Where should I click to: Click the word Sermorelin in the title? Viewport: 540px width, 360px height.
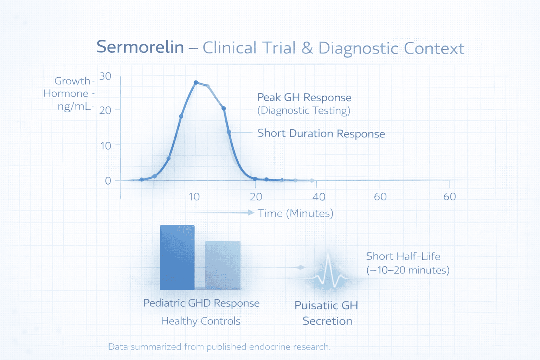point(140,47)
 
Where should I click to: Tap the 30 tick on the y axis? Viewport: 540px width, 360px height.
point(105,76)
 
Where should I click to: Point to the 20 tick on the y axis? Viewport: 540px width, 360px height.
point(105,110)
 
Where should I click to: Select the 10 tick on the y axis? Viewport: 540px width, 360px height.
point(105,146)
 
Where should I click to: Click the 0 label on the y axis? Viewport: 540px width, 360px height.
point(108,181)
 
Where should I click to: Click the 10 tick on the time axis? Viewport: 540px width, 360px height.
point(194,197)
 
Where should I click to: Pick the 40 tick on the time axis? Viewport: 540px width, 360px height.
point(319,197)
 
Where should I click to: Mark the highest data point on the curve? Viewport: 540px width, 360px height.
point(196,83)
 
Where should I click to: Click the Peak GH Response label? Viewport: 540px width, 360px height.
point(304,97)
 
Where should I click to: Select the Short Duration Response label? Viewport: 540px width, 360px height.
point(321,134)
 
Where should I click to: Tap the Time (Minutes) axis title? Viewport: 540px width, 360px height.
point(295,213)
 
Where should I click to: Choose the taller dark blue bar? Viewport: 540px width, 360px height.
point(177,257)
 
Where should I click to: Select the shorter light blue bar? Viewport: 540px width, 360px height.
point(223,265)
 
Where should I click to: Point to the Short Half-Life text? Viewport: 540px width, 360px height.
point(403,256)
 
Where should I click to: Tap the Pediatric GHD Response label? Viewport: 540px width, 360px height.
point(201,303)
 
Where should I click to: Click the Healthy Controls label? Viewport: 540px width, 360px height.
point(201,321)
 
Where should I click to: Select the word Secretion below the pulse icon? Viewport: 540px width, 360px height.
point(327,321)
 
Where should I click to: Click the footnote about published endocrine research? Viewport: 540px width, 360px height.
point(219,347)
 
